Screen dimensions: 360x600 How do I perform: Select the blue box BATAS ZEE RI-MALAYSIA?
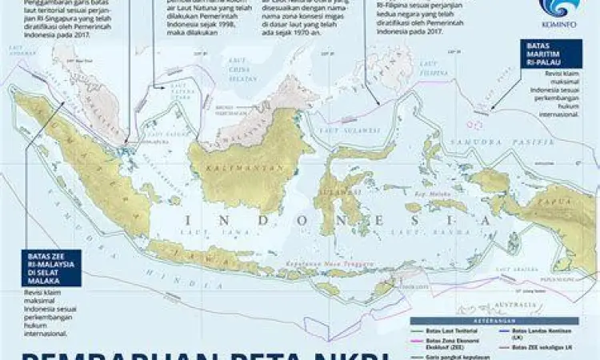click(50, 268)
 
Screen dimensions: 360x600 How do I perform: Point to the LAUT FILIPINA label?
click(453, 71)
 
